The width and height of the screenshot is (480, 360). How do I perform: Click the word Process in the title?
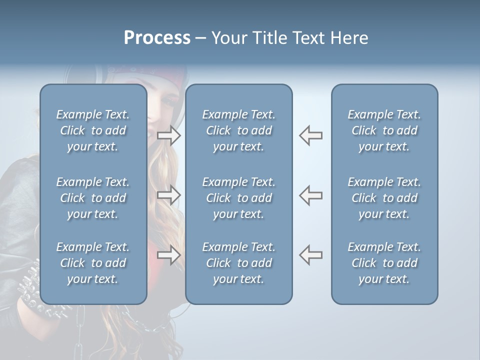(157, 38)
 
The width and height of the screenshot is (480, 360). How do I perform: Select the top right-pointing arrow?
(169, 135)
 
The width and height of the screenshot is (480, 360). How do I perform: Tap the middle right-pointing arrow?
(169, 194)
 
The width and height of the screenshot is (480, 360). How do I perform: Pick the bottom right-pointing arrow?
(169, 254)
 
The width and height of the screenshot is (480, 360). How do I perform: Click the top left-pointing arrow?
(310, 135)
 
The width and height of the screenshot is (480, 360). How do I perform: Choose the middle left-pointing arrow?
(310, 194)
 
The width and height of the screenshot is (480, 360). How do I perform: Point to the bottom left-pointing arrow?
(310, 254)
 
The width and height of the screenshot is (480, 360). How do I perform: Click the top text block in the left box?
(93, 130)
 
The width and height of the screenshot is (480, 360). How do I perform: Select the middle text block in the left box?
(93, 198)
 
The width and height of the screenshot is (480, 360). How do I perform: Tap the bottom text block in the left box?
(93, 263)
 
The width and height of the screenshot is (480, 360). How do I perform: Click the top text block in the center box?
(238, 130)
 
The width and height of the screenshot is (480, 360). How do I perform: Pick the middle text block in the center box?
(238, 198)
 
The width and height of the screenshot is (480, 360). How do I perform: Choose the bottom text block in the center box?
(238, 263)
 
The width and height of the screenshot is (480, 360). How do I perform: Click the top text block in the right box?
(384, 130)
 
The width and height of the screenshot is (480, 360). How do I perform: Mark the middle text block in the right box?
(384, 198)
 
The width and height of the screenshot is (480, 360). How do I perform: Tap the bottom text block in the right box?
(384, 263)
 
